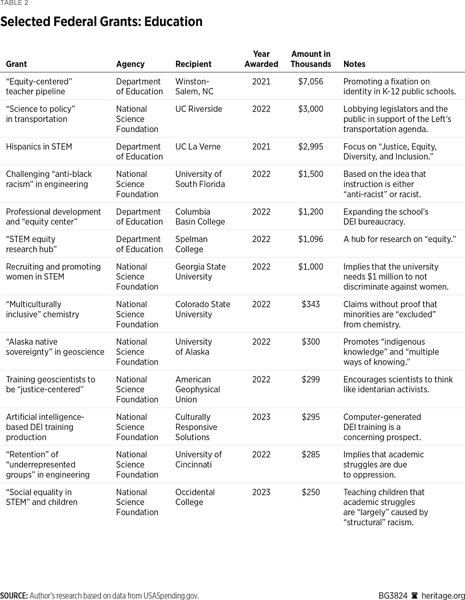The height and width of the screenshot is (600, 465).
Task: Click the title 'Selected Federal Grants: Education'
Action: (102, 22)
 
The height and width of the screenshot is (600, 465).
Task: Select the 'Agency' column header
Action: (130, 64)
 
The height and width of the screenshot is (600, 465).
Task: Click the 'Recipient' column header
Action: (193, 64)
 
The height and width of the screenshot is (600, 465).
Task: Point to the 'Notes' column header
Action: (354, 64)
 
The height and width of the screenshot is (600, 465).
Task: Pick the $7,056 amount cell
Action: (311, 82)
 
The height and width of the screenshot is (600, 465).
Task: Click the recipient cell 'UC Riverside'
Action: (198, 109)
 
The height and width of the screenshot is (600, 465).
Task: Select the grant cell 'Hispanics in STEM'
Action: (39, 147)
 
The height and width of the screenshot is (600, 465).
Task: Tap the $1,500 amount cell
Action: (311, 174)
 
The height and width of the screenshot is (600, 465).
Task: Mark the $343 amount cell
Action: (311, 304)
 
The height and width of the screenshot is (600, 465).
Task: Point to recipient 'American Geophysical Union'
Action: (197, 389)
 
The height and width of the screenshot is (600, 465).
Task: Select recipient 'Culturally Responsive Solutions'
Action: (196, 427)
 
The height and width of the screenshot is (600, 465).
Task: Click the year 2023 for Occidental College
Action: (261, 492)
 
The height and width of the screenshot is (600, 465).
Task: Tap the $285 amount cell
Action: (311, 454)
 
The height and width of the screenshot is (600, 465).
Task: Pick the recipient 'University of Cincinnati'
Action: (198, 459)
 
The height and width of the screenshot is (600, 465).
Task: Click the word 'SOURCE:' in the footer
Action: (14, 596)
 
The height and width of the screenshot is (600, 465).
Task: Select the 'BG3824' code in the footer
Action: (392, 596)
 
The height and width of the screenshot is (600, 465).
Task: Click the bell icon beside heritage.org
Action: (415, 596)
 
